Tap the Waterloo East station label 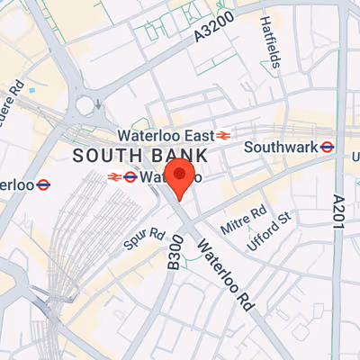(x=169, y=136)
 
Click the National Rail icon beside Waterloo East (x=223, y=136)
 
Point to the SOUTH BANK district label (x=139, y=156)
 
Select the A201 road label (x=338, y=212)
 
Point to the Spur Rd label (x=144, y=240)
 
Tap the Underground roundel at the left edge (x=43, y=184)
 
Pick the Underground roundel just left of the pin (x=130, y=176)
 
